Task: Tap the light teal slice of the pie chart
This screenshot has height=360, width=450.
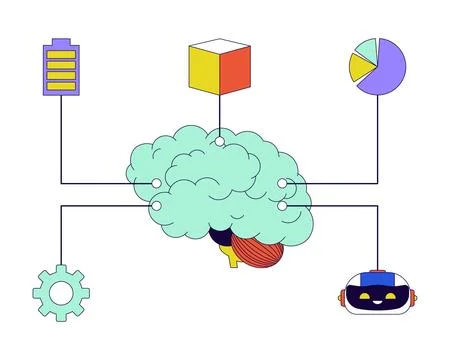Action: (366, 47)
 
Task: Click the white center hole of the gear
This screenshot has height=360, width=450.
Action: (61, 292)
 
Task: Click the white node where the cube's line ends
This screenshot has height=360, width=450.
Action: (219, 141)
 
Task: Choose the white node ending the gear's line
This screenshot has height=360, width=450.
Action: (156, 205)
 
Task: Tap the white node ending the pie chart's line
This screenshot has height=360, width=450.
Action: (283, 184)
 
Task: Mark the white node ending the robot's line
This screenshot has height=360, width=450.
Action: (283, 205)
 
